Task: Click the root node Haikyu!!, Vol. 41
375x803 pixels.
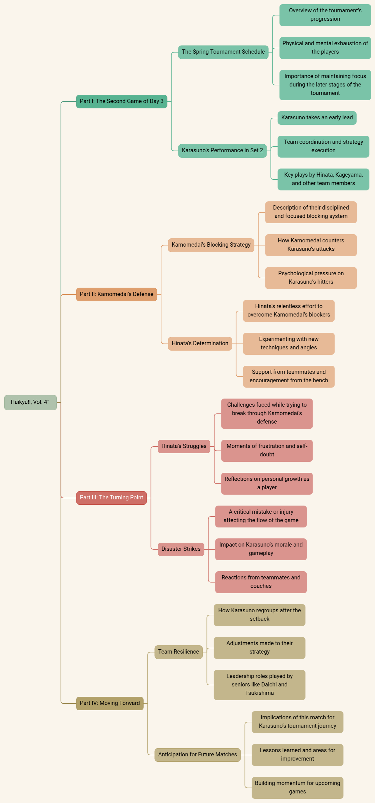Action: pyautogui.click(x=30, y=402)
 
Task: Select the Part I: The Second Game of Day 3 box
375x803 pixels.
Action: pyautogui.click(x=122, y=101)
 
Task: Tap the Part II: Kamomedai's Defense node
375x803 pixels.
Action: pyautogui.click(x=117, y=294)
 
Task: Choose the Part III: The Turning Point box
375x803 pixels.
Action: pyautogui.click(x=111, y=497)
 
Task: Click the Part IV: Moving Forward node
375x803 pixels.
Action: pyautogui.click(x=110, y=703)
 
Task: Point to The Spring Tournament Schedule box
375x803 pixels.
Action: pyautogui.click(x=223, y=52)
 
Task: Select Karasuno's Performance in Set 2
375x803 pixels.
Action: pyautogui.click(x=222, y=151)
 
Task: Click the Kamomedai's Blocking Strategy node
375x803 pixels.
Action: pyautogui.click(x=211, y=245)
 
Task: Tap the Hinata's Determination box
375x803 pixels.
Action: pyautogui.click(x=200, y=344)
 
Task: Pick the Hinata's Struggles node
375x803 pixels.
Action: pyautogui.click(x=184, y=446)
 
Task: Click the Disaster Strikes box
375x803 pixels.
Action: pyautogui.click(x=181, y=549)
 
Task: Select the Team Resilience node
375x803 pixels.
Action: pyautogui.click(x=179, y=652)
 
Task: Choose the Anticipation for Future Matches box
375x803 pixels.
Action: pyautogui.click(x=198, y=755)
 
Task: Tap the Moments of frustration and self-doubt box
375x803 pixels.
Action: pyautogui.click(x=267, y=451)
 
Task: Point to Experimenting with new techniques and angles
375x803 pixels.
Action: pyautogui.click(x=289, y=344)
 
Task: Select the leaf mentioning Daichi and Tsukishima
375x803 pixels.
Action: pyautogui.click(x=259, y=685)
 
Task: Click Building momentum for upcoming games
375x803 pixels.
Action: pyautogui.click(x=298, y=788)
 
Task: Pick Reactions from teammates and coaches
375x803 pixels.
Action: pyautogui.click(x=261, y=582)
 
